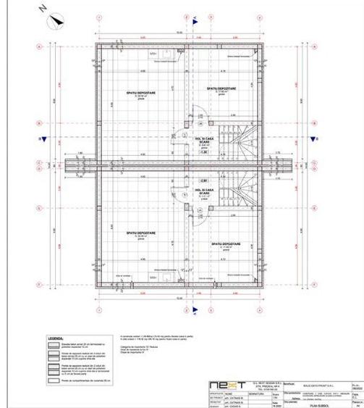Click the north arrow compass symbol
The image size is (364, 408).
[x=56, y=22]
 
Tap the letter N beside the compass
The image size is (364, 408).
[x=43, y=10]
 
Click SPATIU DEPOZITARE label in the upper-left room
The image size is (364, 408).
[x=143, y=92]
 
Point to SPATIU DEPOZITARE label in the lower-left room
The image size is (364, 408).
[x=142, y=233]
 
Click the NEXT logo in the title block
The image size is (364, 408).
[x=220, y=385]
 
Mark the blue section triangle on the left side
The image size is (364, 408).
[x=43, y=137]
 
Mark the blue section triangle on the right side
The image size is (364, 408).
[x=319, y=137]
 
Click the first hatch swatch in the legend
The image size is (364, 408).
[x=56, y=346]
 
